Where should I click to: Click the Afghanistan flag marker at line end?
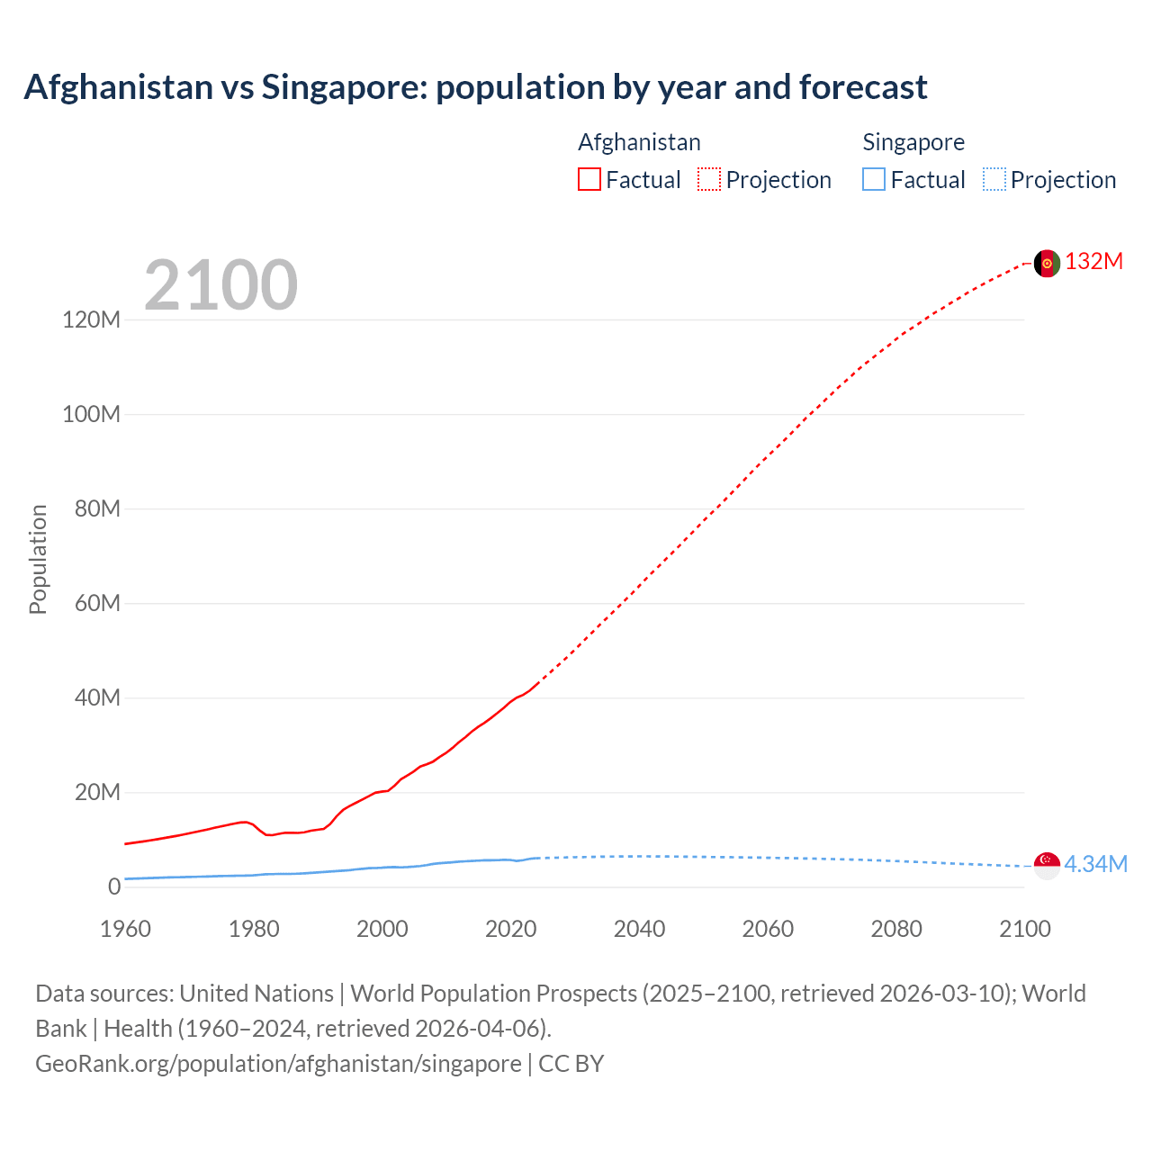tap(1047, 263)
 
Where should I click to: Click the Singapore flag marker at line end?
tap(1047, 865)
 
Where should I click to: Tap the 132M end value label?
tap(1093, 262)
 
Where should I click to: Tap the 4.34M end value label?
tap(1095, 864)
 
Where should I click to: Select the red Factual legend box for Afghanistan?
tap(589, 180)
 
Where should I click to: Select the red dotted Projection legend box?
tap(709, 180)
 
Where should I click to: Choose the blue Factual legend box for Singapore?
tap(873, 180)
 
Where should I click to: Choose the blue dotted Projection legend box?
tap(994, 180)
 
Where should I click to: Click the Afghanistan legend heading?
tap(639, 142)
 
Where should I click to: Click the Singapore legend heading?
tap(913, 142)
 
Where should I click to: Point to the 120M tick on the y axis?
tap(91, 319)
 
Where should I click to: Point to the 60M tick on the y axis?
tap(97, 603)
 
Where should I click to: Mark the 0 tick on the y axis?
tap(114, 886)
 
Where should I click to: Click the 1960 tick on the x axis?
tap(125, 929)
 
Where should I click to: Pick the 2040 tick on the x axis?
tap(639, 929)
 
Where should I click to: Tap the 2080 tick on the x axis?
tap(896, 929)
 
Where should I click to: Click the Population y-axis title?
tap(38, 559)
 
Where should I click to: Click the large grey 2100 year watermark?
tap(220, 285)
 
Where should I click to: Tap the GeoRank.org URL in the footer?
tap(278, 1063)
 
